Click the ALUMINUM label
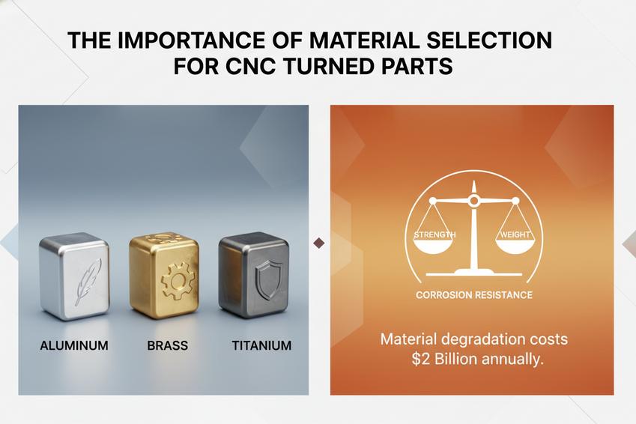74,346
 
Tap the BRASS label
168,346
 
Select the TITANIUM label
261,346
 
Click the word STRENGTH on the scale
434,235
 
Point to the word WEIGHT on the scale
513,235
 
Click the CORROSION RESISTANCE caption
473,295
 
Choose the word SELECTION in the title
489,41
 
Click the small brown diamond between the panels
319,243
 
